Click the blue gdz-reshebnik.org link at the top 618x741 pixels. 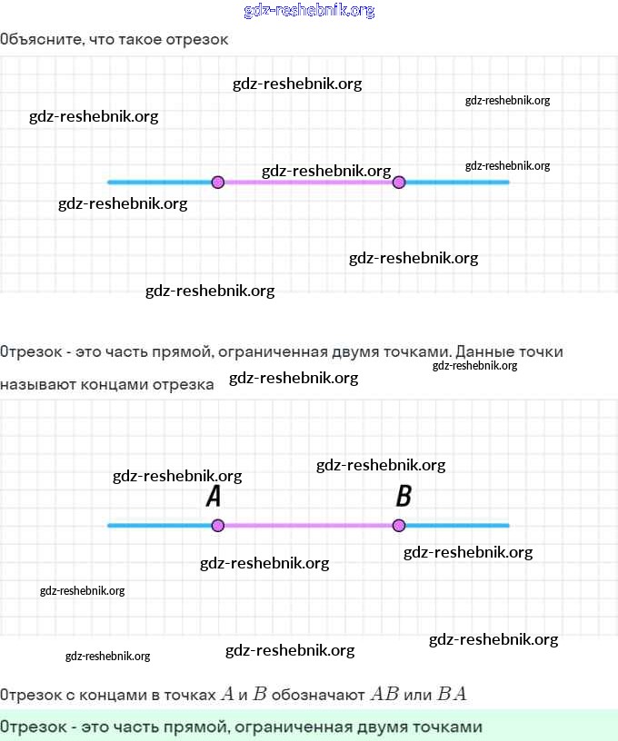point(309,11)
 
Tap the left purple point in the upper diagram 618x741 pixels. point(217,182)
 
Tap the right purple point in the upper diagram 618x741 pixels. point(398,182)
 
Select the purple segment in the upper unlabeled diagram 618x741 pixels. point(307,182)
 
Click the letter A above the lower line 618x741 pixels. point(214,497)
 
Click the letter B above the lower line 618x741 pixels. point(404,497)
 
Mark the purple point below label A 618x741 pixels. point(217,525)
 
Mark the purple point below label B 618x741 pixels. point(398,525)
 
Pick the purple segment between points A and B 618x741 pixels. point(307,525)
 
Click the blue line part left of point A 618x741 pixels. point(159,525)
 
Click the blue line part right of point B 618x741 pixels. point(454,525)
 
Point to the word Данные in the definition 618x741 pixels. point(486,351)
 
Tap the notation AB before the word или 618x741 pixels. point(384,695)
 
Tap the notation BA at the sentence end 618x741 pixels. point(452,695)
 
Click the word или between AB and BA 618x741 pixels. point(418,695)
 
